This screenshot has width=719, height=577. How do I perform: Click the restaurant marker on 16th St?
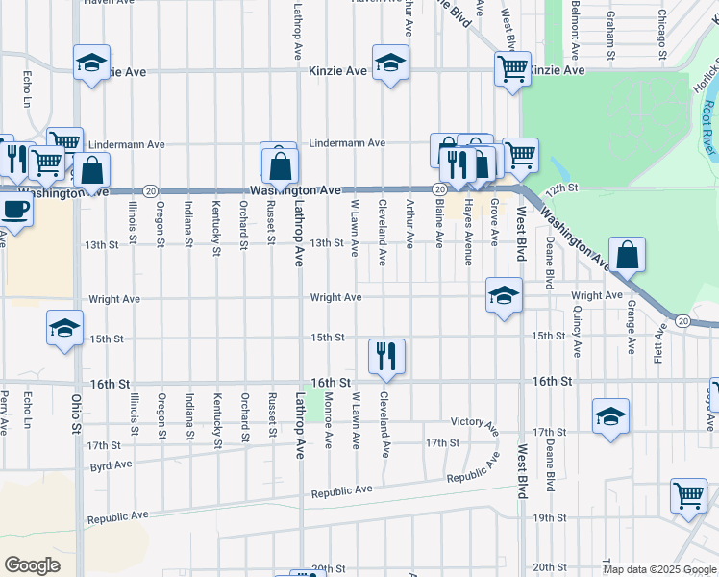click(x=387, y=356)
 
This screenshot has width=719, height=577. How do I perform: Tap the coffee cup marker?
click(x=14, y=210)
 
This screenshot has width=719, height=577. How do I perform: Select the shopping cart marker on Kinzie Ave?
click(x=512, y=68)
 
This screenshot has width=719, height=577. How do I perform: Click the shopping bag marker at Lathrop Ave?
click(x=279, y=166)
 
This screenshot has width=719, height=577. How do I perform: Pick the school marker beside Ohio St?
click(x=64, y=329)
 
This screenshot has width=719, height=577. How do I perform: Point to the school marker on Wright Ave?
click(x=503, y=296)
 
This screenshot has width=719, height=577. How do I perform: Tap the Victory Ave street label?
click(x=475, y=422)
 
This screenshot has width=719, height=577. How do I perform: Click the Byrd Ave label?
click(x=110, y=464)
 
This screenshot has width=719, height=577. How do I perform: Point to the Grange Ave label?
click(x=632, y=327)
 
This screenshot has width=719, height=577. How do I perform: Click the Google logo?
click(x=32, y=565)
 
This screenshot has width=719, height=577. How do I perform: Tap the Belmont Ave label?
click(x=574, y=27)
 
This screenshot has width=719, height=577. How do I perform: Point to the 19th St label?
click(x=549, y=518)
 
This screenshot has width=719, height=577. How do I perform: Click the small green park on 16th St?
click(x=312, y=404)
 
